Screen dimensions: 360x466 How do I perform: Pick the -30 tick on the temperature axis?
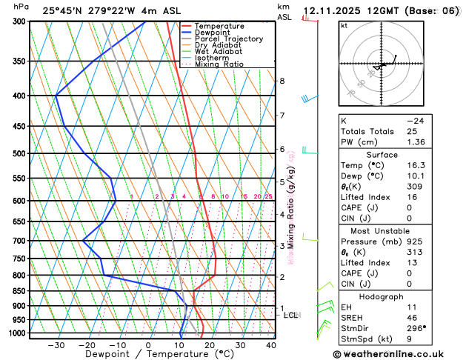pyautogui.click(x=56, y=345)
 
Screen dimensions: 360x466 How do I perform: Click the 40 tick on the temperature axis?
pyautogui.click(x=271, y=345)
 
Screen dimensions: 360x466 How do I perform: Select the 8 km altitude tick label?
pyautogui.click(x=282, y=81)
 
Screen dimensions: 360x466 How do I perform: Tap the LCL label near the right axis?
pyautogui.click(x=291, y=315)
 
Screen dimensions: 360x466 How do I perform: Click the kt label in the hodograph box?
pyautogui.click(x=344, y=25)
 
